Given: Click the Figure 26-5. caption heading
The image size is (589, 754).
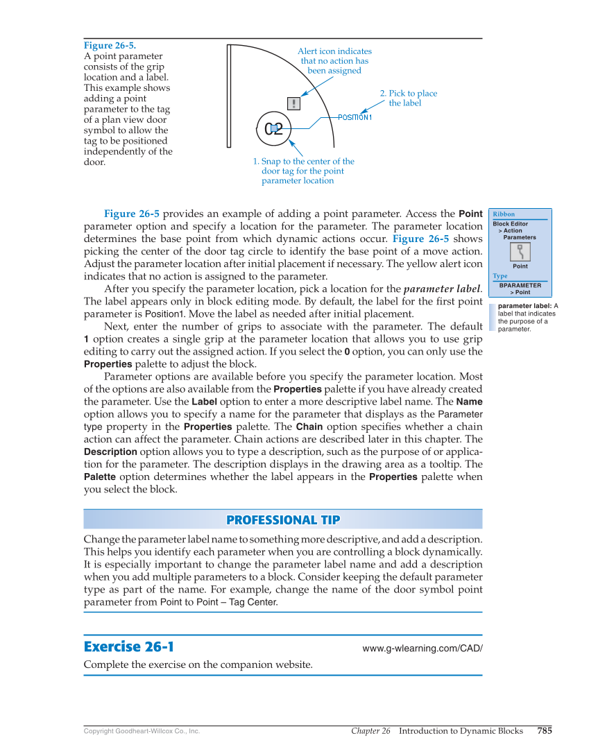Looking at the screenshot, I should (x=110, y=45).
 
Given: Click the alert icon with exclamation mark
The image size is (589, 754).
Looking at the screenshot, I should (x=294, y=103).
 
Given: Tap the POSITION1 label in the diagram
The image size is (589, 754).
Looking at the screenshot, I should (x=355, y=117).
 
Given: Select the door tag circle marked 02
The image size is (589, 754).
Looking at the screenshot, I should (x=274, y=128).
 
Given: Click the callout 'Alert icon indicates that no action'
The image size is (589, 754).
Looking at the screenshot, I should (x=334, y=61).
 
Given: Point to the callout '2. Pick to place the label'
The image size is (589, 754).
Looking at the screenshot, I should (x=408, y=98).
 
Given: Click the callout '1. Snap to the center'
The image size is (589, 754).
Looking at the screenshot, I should (x=303, y=171).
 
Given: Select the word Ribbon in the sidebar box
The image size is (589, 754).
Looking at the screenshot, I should (x=504, y=214).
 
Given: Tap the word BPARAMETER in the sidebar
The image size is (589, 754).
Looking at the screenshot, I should (x=520, y=285).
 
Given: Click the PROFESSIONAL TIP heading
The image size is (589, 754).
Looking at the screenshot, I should (x=283, y=520).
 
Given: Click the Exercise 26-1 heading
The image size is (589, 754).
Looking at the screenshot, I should (x=128, y=647).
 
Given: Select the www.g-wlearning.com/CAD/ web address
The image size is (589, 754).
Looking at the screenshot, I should (x=422, y=649).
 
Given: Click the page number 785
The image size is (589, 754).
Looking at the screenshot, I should (x=545, y=730).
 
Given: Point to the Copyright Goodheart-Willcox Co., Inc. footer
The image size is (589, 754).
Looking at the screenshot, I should (x=142, y=731).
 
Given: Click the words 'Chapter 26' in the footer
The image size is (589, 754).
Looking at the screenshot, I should (x=370, y=730).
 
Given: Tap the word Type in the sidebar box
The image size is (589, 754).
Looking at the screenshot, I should (x=500, y=276).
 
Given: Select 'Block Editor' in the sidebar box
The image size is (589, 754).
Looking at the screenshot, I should (x=511, y=224).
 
